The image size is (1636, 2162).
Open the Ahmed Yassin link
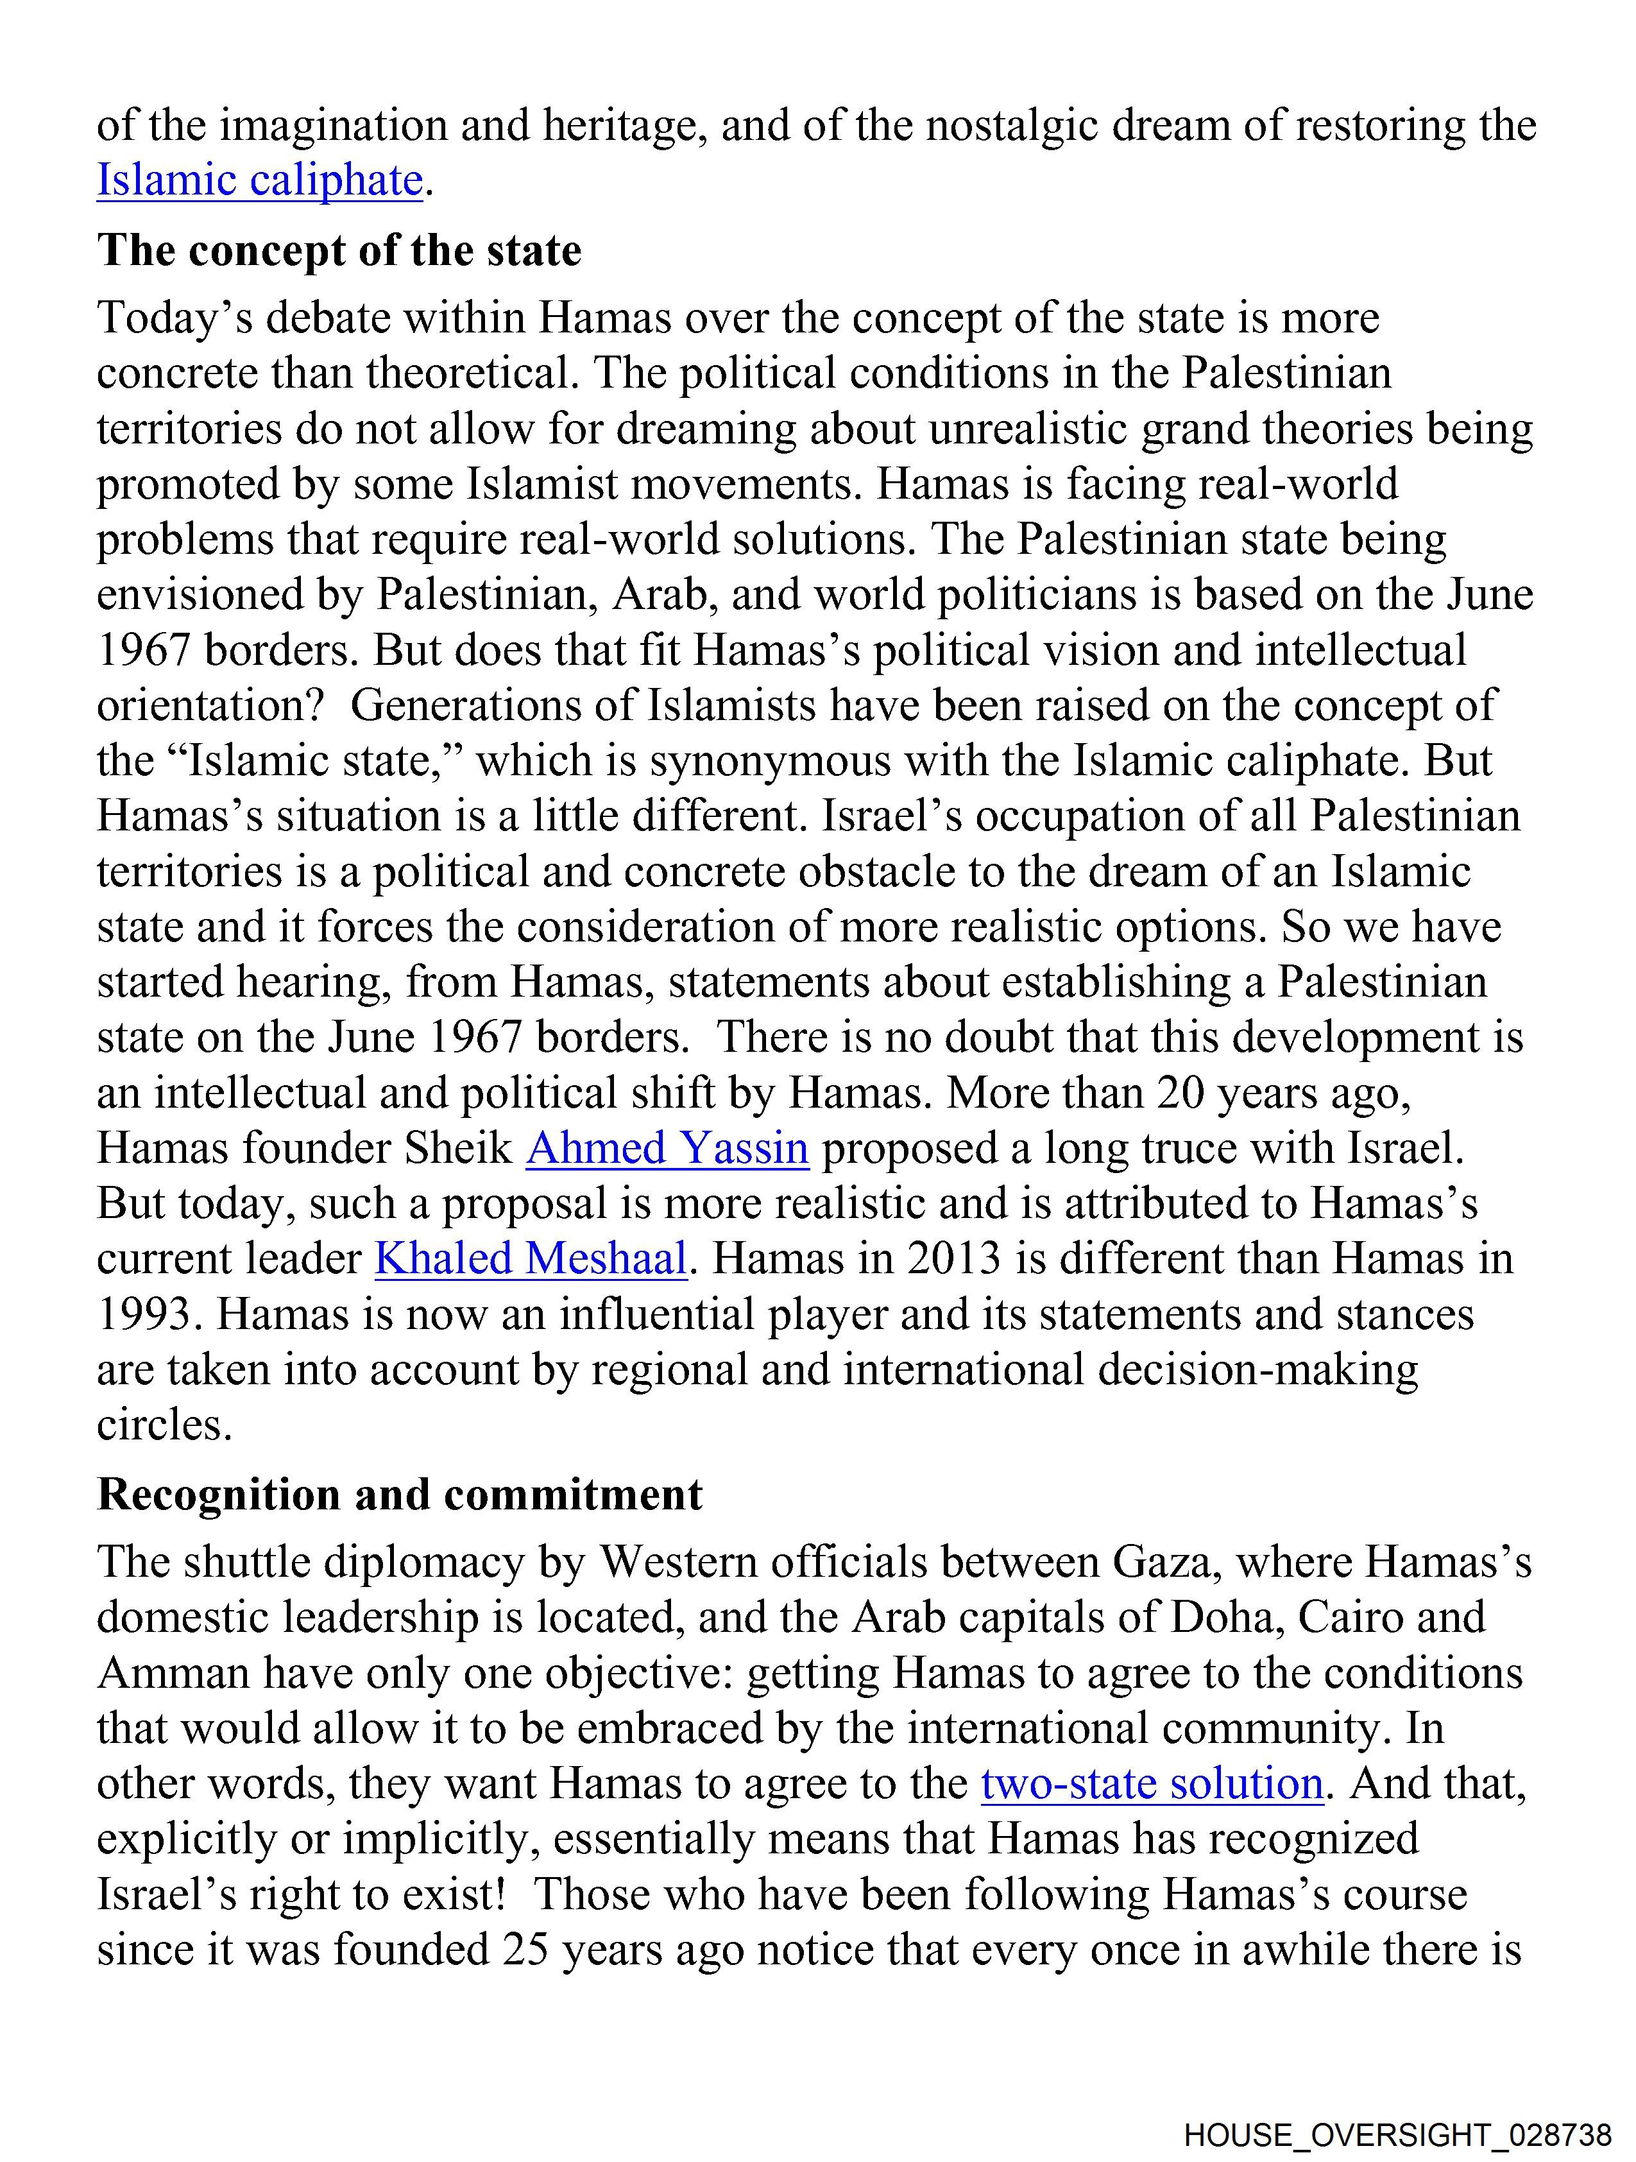pyautogui.click(x=667, y=1149)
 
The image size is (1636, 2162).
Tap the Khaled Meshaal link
pyautogui.click(x=531, y=1259)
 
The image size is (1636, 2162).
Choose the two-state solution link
pyautogui.click(x=1151, y=1784)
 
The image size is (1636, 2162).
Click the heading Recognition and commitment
pyautogui.click(x=400, y=1495)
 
